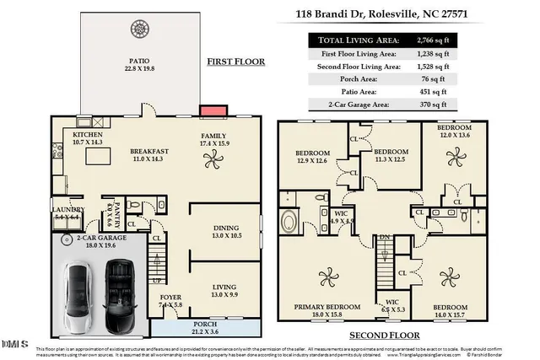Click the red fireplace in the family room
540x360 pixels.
pyautogui.click(x=212, y=111)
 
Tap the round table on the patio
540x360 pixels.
pyautogui.click(x=139, y=30)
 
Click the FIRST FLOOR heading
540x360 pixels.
pyautogui.click(x=237, y=62)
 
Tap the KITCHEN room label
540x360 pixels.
pyautogui.click(x=88, y=135)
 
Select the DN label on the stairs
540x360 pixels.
pyautogui.click(x=383, y=238)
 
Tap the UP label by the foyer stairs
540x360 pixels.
pyautogui.click(x=156, y=281)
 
